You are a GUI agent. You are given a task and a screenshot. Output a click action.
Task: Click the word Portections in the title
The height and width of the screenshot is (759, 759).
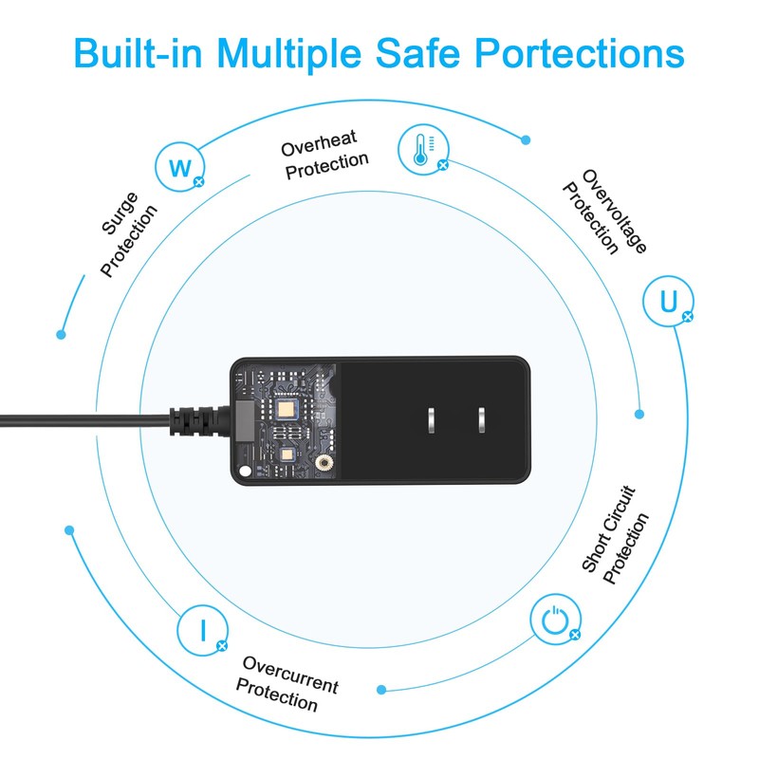pos(580,52)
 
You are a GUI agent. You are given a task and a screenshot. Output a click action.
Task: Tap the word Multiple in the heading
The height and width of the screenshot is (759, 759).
pos(289,54)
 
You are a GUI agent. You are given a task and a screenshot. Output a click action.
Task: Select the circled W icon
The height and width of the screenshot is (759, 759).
pos(180,167)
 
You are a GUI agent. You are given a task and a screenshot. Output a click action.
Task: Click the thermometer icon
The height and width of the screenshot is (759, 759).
pos(423,150)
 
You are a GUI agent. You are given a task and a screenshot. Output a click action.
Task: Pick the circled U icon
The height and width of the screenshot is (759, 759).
pos(668,301)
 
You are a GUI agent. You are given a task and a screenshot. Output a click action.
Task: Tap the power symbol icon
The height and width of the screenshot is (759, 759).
pos(555,620)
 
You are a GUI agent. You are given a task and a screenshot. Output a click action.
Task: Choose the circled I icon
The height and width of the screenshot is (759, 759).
pos(202,630)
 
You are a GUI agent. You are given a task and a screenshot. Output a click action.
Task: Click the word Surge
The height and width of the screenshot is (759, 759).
pos(120,213)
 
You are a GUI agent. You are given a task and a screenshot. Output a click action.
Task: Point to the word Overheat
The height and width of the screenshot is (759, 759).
pos(319,143)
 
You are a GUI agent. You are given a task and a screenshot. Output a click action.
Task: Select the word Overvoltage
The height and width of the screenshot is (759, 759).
pos(614,211)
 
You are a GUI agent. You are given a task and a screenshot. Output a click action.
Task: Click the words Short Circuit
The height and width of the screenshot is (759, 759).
pos(608,529)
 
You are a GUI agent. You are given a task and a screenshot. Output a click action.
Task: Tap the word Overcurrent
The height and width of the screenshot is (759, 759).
pos(290,675)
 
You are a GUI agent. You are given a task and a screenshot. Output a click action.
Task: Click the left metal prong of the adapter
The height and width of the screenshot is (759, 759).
pos(432,420)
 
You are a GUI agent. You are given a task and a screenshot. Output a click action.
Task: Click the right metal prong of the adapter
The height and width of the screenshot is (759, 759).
pos(482,420)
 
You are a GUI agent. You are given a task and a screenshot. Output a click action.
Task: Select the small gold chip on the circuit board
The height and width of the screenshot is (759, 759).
pos(287,454)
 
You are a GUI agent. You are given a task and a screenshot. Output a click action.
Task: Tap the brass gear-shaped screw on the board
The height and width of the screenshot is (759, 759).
pos(324,463)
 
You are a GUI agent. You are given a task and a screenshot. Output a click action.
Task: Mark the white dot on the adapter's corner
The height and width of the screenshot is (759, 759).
pos(246,471)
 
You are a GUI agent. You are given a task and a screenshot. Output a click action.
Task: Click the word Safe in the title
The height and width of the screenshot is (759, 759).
pos(418,52)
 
